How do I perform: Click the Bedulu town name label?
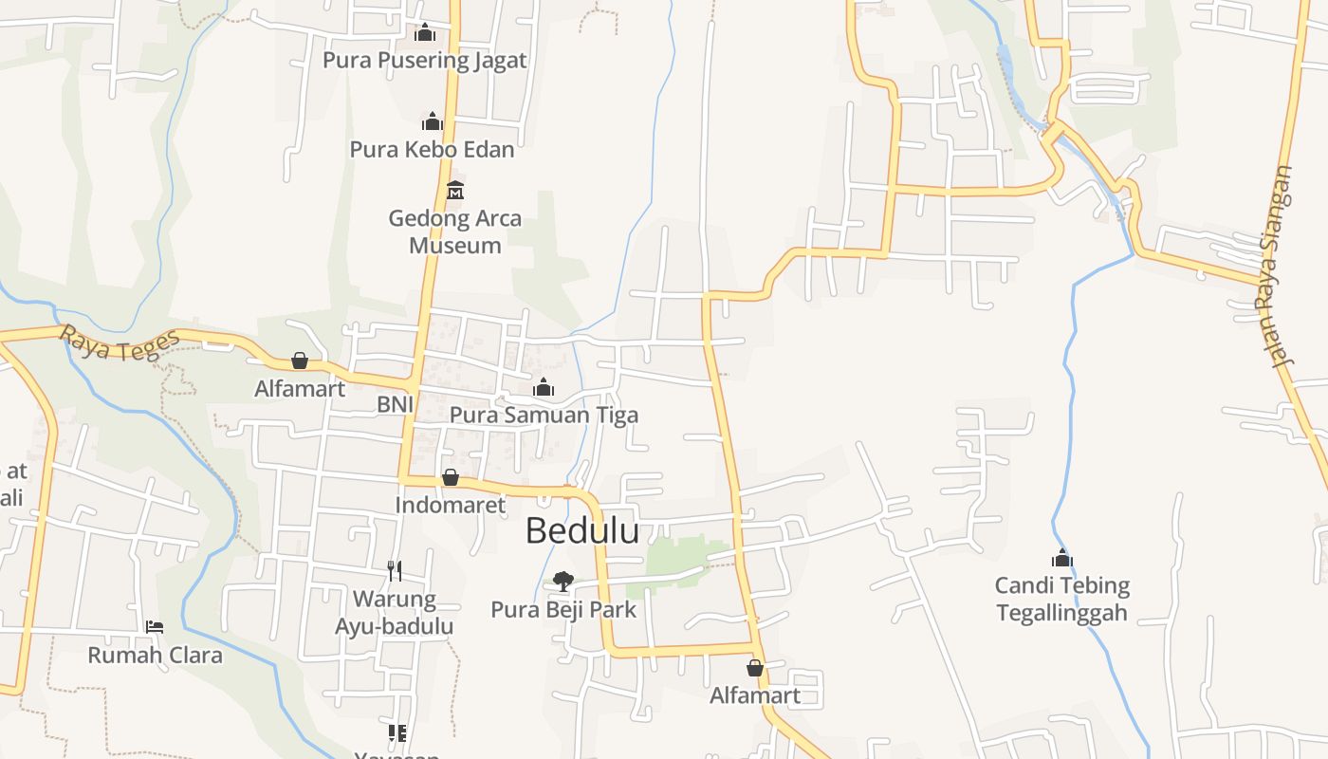[582, 531]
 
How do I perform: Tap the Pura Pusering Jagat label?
[424, 61]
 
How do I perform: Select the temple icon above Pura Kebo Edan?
[433, 121]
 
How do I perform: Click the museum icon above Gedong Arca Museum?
[455, 190]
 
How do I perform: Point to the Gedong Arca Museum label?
[455, 231]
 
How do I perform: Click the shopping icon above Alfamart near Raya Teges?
[300, 361]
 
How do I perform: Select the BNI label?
[395, 404]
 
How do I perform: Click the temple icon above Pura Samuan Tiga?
[544, 387]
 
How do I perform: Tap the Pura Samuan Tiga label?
[544, 415]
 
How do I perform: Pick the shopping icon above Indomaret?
[451, 476]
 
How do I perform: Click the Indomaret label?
[451, 505]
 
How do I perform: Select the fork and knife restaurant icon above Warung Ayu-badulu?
[395, 570]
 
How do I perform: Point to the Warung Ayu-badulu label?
[395, 613]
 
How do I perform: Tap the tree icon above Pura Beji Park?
[563, 581]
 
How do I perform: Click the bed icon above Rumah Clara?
[155, 627]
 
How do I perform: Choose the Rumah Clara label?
[155, 655]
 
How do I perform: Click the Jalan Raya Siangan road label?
[1278, 268]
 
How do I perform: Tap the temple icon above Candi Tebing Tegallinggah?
[1062, 558]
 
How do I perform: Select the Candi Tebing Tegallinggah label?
[1062, 599]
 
